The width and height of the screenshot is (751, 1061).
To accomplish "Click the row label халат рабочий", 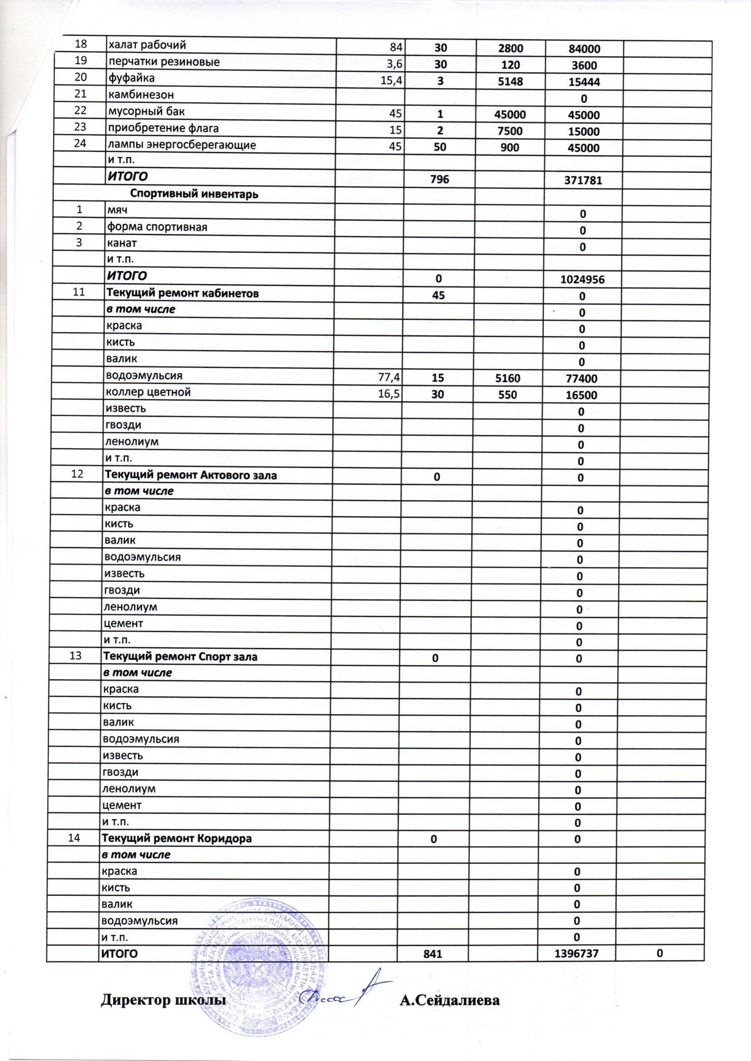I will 147,45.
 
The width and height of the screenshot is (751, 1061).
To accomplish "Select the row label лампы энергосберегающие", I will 181,145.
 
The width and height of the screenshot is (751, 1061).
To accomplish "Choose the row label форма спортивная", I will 157,227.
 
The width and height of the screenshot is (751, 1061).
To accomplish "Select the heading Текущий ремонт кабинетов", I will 183,293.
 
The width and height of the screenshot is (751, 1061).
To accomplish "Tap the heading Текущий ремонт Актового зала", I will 192,475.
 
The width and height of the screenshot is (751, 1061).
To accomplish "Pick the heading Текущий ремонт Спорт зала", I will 182,657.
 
